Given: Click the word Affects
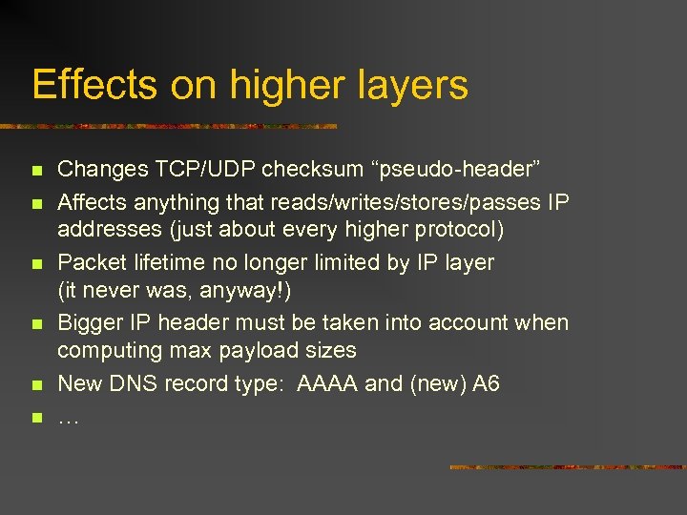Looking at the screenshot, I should tap(93, 201).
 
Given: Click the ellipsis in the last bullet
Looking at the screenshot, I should tap(69, 418).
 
